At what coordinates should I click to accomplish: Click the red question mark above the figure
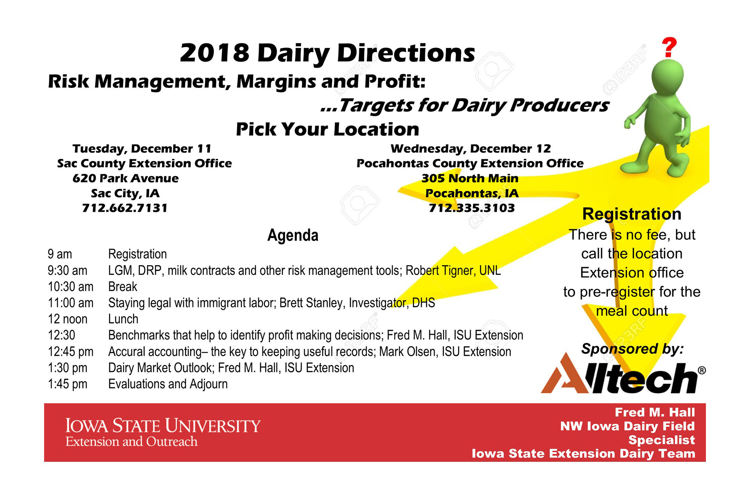click(x=669, y=47)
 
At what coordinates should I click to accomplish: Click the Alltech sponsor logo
click(x=623, y=374)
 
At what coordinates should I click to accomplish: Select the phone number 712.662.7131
click(x=125, y=208)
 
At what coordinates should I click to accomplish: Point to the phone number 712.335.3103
click(x=471, y=208)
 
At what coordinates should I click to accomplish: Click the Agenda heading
click(x=293, y=235)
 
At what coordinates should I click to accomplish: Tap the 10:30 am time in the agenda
click(x=71, y=287)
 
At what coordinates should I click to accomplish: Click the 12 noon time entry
click(x=68, y=319)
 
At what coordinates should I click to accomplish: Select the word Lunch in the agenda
click(x=123, y=319)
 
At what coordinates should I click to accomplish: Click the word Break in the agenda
click(x=123, y=287)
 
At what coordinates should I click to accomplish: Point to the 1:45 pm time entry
click(x=68, y=384)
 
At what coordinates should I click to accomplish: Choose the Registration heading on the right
click(x=632, y=214)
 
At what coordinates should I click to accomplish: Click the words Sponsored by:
click(x=632, y=349)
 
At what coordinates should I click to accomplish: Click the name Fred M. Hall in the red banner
click(x=655, y=412)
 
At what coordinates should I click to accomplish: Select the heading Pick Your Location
click(x=327, y=129)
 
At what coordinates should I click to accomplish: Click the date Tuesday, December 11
click(x=142, y=149)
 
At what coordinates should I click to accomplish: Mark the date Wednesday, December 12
click(x=471, y=149)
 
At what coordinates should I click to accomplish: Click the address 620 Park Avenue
click(x=125, y=178)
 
